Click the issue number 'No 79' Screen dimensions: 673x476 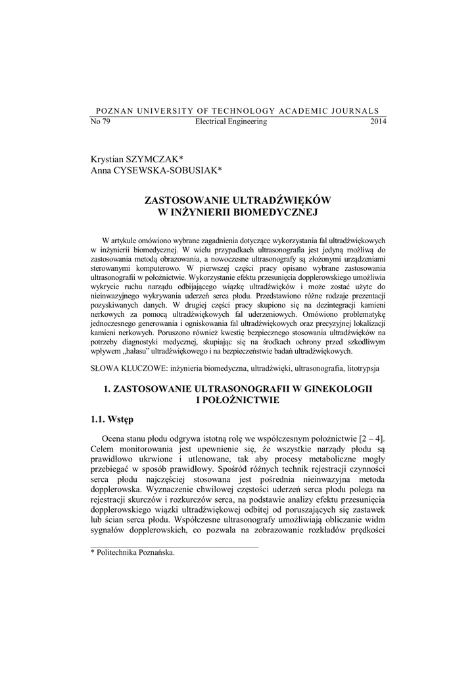[99, 122]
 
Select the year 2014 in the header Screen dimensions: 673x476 [379, 122]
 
